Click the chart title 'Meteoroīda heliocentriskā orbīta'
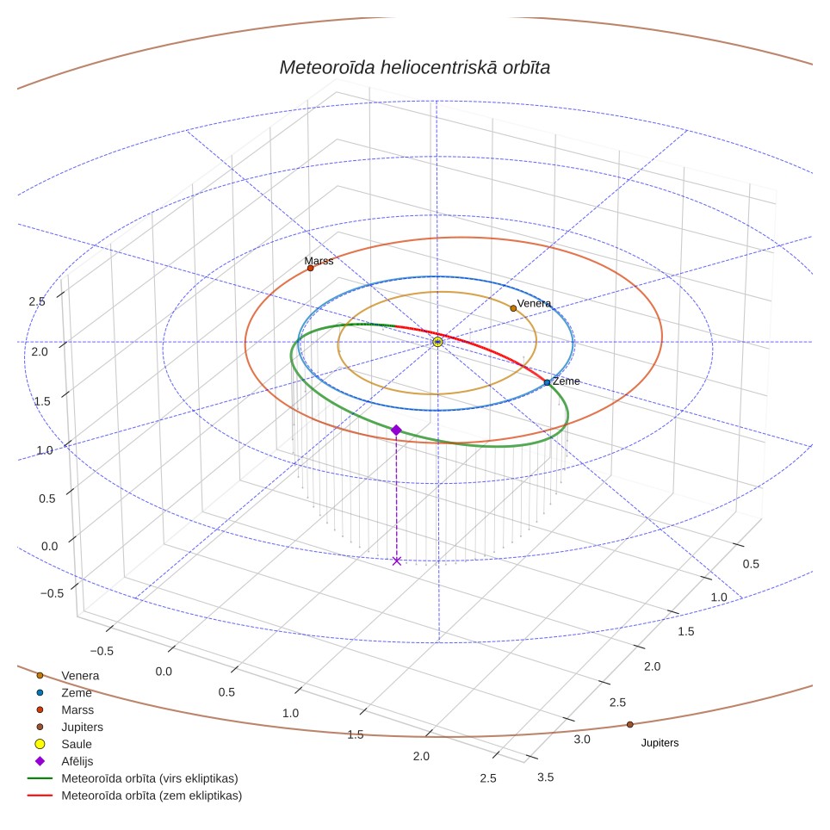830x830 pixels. click(414, 68)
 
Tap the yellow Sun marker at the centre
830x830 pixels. click(437, 342)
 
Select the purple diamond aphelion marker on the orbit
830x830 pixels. click(396, 430)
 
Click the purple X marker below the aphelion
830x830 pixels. click(396, 561)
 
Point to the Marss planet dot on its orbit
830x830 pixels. click(310, 269)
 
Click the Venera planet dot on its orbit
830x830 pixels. click(513, 308)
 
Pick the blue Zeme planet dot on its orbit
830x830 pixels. click(547, 382)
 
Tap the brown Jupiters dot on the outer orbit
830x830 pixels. click(629, 725)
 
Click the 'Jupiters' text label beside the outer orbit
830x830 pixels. click(660, 743)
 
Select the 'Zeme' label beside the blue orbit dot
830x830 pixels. click(566, 381)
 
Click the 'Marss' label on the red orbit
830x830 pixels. click(319, 260)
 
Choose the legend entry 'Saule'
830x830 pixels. click(77, 744)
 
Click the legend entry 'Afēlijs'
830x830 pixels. click(77, 761)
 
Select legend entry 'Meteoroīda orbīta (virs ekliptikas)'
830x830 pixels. click(150, 778)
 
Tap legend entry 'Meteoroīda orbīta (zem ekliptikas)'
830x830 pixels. click(152, 796)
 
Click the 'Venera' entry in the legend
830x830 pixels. click(80, 675)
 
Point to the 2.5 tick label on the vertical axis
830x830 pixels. click(37, 301)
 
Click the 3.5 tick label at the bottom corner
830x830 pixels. click(545, 777)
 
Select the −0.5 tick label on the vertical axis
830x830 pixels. click(52, 593)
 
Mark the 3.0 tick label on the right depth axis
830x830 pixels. click(582, 740)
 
